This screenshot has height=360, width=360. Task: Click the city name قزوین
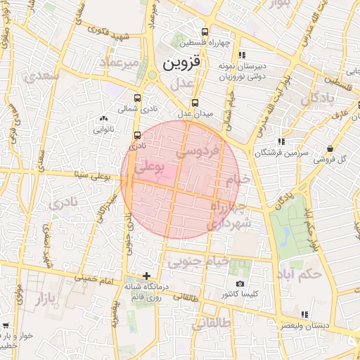181,62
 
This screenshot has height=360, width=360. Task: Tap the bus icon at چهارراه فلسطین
205,32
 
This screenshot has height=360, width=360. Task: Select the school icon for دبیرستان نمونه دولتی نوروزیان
242,55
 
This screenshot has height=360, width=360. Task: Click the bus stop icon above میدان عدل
195,102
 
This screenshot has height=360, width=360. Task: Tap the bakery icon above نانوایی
103,118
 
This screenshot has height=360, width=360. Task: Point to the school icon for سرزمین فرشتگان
281,141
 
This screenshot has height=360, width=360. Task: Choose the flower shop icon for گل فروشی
330,148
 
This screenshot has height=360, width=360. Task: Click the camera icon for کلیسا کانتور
240,283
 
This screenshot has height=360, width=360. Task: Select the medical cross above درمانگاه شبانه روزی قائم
146,276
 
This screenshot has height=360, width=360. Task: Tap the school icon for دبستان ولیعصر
304,314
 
